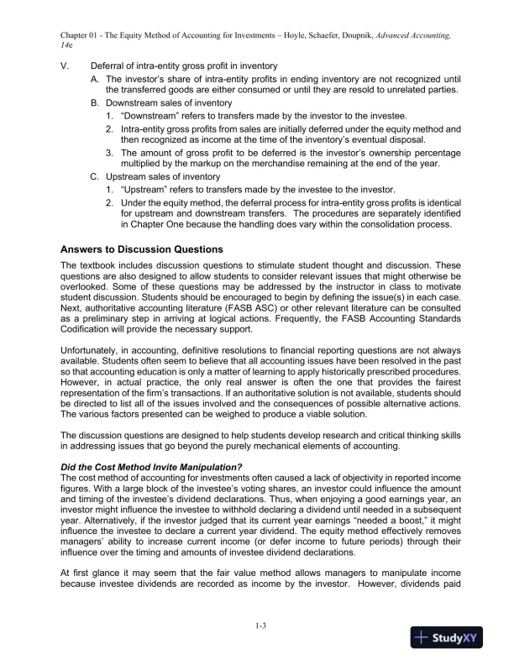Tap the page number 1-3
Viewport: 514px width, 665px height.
click(x=256, y=626)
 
